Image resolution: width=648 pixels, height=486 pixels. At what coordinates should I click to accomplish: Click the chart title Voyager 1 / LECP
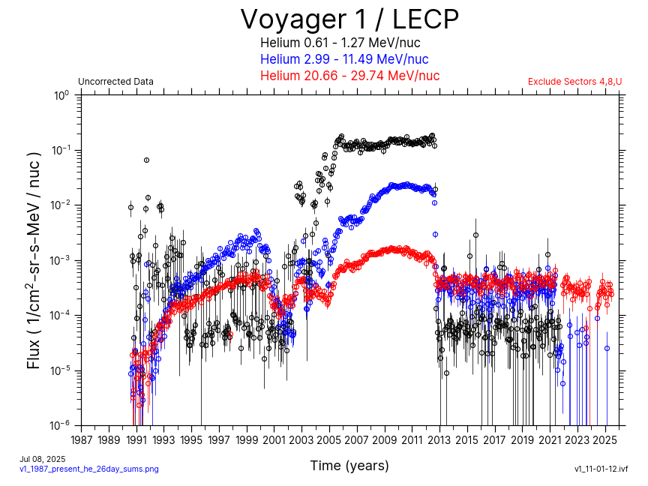coord(349,19)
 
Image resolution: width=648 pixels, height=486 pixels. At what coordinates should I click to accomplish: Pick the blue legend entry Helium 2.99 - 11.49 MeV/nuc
coord(344,59)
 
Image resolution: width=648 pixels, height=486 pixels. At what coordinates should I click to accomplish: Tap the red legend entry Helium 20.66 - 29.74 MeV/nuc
coord(349,76)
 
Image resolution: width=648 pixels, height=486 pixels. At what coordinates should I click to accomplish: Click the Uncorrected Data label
coord(116,82)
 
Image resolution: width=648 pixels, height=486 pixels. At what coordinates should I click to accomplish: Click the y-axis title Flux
coord(34,259)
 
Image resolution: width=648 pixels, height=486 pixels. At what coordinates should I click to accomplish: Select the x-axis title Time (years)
coord(349,466)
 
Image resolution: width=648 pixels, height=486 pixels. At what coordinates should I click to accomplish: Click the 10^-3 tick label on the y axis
coord(61,260)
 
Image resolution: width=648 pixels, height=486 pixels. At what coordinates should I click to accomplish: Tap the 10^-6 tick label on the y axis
coord(61,425)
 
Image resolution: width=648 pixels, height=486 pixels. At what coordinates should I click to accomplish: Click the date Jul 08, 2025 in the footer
coord(43,459)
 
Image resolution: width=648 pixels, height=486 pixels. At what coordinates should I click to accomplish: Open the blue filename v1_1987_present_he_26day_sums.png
coord(89,469)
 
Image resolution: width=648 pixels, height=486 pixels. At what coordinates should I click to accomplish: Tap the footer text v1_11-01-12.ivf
coord(601,469)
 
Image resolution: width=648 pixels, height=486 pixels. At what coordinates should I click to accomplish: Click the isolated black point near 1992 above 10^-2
coord(146,160)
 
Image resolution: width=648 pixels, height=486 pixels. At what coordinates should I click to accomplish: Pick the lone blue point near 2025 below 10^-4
coord(607,348)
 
